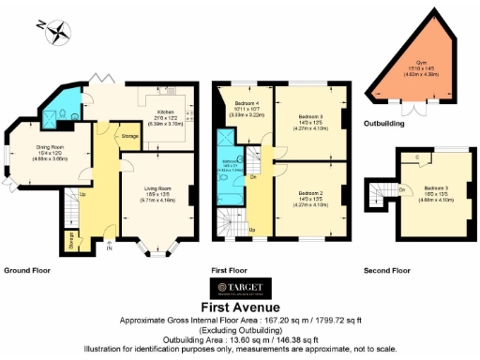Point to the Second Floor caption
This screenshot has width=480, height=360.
tap(386, 270)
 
